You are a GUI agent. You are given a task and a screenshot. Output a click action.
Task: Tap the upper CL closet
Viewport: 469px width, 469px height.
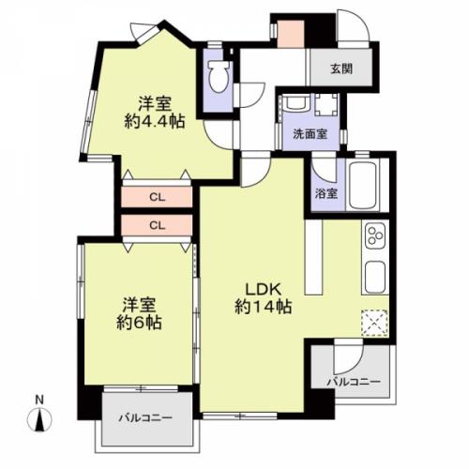pos(156,198)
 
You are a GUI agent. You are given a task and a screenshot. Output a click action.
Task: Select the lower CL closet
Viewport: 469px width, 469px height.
pos(156,225)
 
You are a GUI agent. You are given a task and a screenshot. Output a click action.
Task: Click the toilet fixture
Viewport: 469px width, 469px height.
pos(219,75)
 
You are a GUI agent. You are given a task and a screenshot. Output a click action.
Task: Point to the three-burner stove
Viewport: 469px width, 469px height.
pos(374,237)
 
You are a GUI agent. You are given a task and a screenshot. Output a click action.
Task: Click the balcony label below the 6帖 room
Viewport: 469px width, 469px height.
pos(145,417)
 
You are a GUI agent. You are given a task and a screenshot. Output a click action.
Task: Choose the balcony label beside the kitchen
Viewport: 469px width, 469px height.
pos(352,382)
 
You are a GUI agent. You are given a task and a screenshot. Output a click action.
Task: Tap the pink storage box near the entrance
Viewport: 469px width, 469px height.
pos(291,36)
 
